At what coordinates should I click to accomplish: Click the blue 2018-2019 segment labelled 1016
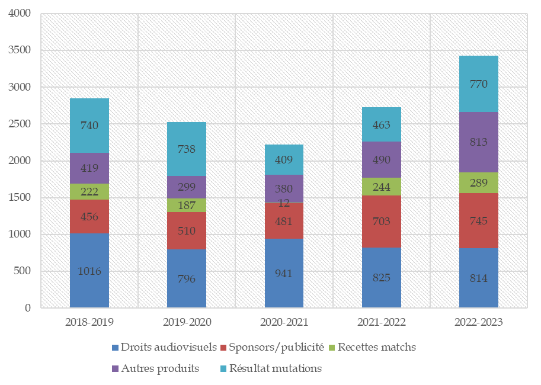pos(89,271)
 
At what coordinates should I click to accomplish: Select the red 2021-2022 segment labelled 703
pos(381,221)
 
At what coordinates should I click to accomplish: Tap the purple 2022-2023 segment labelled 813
pos(478,142)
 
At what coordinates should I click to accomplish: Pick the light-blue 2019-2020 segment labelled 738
pos(186,149)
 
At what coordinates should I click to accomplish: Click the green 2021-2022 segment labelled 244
pos(381,186)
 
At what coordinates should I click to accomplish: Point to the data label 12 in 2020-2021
pos(284,203)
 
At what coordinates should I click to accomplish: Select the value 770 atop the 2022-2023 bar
pos(478,84)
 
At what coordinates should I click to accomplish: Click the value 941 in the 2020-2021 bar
pos(284,273)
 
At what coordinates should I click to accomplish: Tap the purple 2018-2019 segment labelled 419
pos(89,168)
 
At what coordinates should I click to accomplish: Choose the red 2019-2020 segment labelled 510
pos(186,230)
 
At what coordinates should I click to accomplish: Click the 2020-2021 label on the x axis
pos(284,322)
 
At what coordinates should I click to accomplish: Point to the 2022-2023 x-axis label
pos(478,322)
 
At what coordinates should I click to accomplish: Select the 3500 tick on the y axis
pos(20,50)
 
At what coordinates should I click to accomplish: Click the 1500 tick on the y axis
pos(20,197)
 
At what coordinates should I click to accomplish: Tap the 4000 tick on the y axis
pos(20,13)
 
